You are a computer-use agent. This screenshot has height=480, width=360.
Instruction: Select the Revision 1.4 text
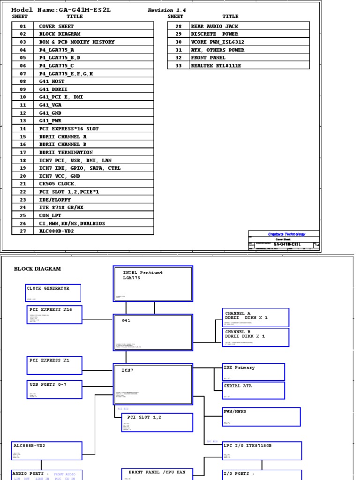click(167, 10)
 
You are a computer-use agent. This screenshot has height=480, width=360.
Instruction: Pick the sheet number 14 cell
click(23, 128)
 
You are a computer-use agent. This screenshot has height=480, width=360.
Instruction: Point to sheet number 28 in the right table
click(179, 26)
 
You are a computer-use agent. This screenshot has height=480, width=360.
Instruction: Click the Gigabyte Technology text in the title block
click(286, 234)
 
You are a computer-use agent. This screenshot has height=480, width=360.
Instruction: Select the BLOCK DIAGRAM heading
click(37, 269)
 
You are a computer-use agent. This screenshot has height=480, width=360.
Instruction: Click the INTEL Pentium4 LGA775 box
click(153, 283)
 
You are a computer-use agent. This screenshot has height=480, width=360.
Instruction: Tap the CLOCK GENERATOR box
click(53, 292)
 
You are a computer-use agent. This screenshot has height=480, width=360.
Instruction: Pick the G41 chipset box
click(153, 332)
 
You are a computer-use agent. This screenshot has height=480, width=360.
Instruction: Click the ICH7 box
click(153, 384)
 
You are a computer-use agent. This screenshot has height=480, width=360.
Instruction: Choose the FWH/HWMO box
click(261, 417)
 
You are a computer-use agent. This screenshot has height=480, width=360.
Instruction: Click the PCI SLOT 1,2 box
click(157, 422)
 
